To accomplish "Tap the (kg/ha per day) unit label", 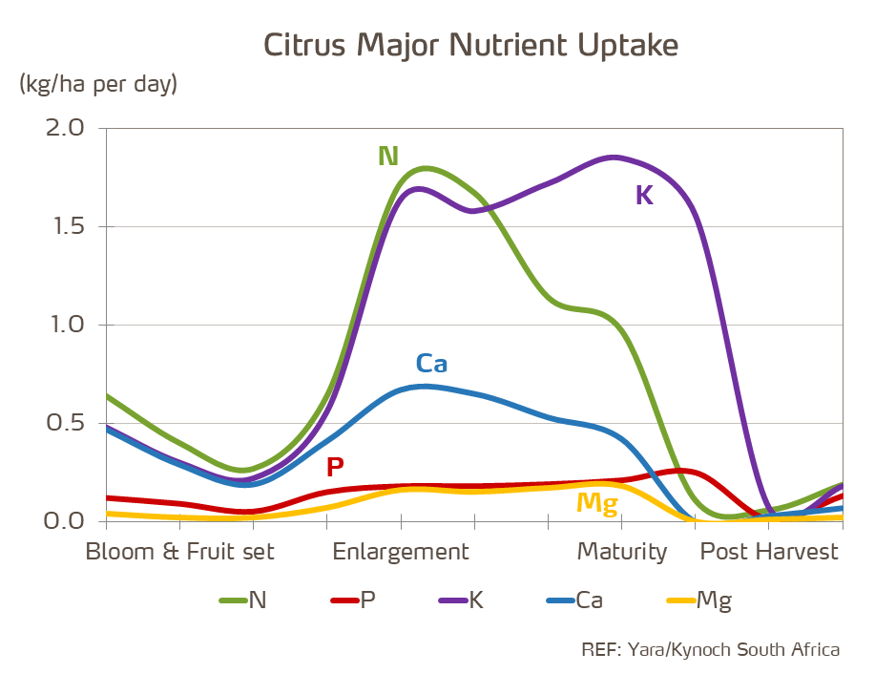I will click(x=98, y=84).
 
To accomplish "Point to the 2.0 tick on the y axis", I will click(x=65, y=128).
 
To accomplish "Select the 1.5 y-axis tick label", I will click(x=65, y=226).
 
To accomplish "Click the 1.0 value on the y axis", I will click(x=65, y=325).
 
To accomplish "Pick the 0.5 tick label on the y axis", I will click(x=65, y=423).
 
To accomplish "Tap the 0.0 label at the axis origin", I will click(x=65, y=521).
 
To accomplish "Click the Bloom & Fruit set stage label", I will click(x=179, y=552).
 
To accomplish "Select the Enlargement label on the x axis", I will click(x=401, y=552).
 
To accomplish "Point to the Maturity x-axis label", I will click(x=621, y=552).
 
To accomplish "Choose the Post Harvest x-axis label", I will click(x=769, y=552).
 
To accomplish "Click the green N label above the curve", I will click(x=388, y=157).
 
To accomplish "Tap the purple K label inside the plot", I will click(x=644, y=196).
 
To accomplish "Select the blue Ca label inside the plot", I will click(x=431, y=364).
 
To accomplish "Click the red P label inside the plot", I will click(x=335, y=468).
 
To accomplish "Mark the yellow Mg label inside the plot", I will click(x=597, y=503).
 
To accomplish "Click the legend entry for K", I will click(x=462, y=600).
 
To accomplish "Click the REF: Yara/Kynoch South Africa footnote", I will click(x=710, y=649).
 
